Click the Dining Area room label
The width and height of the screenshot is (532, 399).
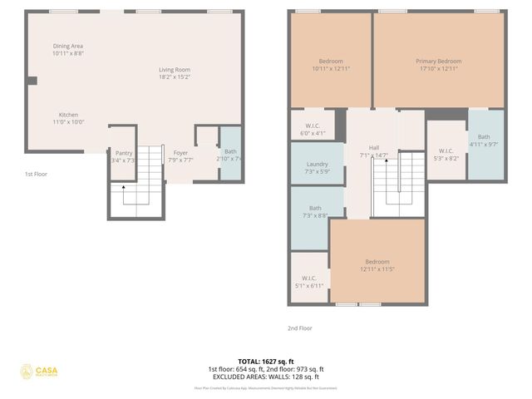(68, 46)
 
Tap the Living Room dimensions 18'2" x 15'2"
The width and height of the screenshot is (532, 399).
(175, 76)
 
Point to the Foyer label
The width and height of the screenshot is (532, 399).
(180, 153)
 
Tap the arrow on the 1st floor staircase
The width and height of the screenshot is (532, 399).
(124, 190)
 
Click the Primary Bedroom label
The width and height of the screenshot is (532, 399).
(438, 61)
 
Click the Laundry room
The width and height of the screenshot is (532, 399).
(318, 164)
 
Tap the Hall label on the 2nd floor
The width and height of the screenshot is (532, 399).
(374, 147)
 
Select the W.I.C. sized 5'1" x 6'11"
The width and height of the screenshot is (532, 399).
(309, 282)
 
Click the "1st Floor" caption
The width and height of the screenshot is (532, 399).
(37, 174)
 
